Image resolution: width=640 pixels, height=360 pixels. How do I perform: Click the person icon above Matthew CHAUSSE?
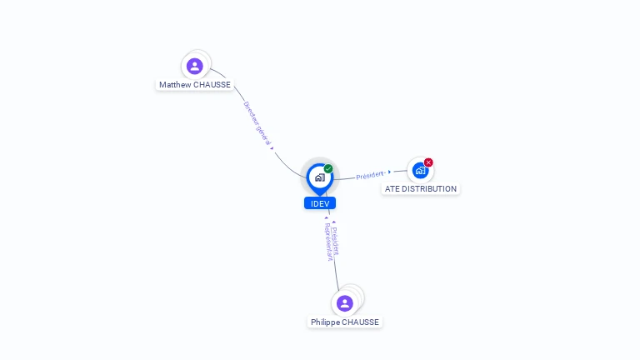pyautogui.click(x=195, y=66)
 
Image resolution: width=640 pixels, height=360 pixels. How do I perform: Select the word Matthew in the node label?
pyautogui.click(x=175, y=85)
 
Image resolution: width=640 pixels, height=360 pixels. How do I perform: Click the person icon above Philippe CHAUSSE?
pyautogui.click(x=345, y=303)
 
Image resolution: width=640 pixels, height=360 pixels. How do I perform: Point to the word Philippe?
pyautogui.click(x=326, y=322)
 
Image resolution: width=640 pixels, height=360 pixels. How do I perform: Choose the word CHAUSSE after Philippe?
pyautogui.click(x=361, y=322)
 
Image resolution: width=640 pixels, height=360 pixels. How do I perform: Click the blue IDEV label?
pyautogui.click(x=320, y=203)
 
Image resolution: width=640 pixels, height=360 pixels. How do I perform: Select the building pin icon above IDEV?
pyautogui.click(x=319, y=177)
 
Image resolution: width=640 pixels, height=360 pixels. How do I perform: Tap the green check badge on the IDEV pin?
pyautogui.click(x=328, y=168)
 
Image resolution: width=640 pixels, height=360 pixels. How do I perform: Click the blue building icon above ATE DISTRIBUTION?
pyautogui.click(x=420, y=170)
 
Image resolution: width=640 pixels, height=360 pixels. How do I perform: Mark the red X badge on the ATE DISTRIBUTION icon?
pyautogui.click(x=428, y=162)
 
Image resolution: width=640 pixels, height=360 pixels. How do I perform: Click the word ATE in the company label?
pyautogui.click(x=392, y=189)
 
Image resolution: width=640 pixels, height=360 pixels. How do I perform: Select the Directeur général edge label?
pyautogui.click(x=257, y=123)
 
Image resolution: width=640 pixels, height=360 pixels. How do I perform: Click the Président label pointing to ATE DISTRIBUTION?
pyautogui.click(x=369, y=175)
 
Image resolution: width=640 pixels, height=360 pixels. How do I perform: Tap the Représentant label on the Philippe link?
pyautogui.click(x=327, y=242)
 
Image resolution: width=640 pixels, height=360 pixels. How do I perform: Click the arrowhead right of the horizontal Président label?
pyautogui.click(x=389, y=172)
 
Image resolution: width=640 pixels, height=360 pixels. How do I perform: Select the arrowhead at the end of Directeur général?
pyautogui.click(x=272, y=148)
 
